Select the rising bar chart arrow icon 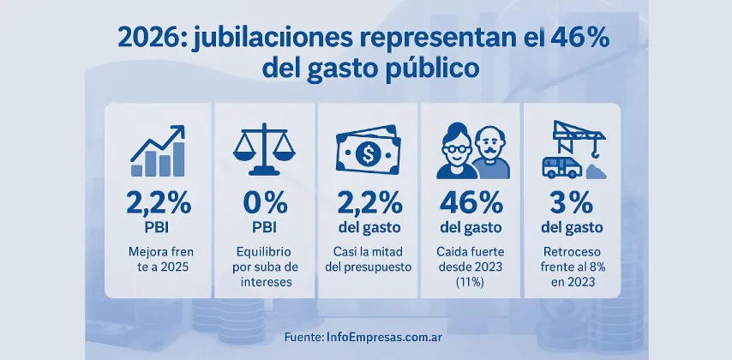[157, 152]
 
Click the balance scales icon [265, 150]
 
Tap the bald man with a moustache [489, 153]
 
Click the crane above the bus [579, 135]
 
